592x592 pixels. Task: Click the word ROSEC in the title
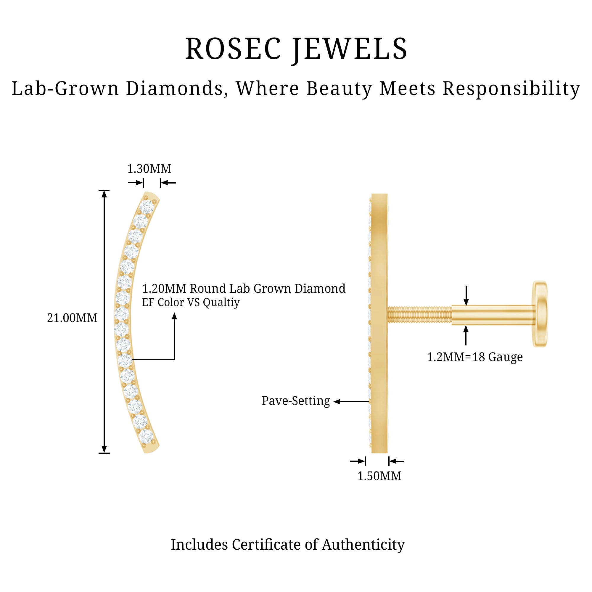pos(233,49)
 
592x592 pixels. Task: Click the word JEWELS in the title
pos(349,49)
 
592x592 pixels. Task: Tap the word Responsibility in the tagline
pos(511,89)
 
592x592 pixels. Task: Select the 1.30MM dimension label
pos(149,169)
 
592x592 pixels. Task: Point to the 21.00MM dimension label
pos(72,318)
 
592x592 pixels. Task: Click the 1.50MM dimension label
pos(379,476)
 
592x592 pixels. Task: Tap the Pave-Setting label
pos(296,401)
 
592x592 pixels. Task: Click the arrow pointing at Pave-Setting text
pos(337,401)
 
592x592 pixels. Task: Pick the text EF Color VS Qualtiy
pos(191,303)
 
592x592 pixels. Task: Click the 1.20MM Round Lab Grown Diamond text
pos(244,289)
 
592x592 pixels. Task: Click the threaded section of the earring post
pos(419,315)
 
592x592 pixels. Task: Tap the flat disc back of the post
pos(540,314)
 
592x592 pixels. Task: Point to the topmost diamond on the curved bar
pos(147,207)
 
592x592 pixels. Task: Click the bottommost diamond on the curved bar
pos(146,436)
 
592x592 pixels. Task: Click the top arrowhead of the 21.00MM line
pos(104,194)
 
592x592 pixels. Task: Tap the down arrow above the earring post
pos(466,302)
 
